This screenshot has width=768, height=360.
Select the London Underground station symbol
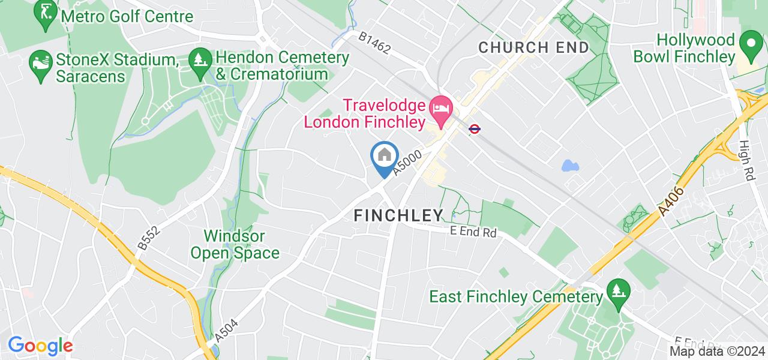[474, 128]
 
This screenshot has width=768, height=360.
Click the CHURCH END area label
[534, 48]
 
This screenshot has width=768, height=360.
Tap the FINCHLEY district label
[398, 215]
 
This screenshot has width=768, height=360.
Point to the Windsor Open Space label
[235, 244]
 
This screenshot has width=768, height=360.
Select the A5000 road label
[407, 163]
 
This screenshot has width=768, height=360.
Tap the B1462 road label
[375, 44]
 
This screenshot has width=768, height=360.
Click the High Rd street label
[748, 161]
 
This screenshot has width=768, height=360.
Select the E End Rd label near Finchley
[473, 231]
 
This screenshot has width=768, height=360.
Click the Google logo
[40, 345]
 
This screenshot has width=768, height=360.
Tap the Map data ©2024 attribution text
[718, 352]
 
